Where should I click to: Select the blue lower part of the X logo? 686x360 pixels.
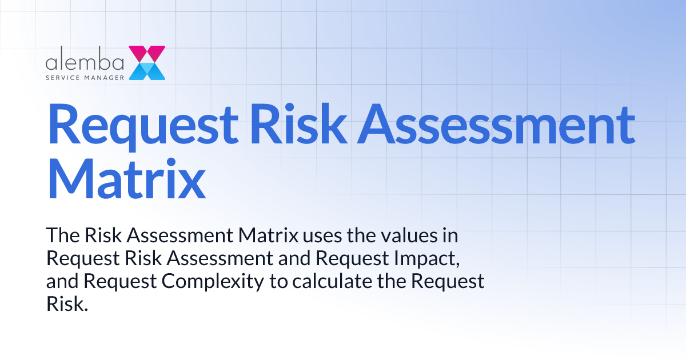pos(147,71)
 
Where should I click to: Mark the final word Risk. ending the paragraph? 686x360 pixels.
pos(67,303)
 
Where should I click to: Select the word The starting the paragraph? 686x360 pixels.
pos(61,236)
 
